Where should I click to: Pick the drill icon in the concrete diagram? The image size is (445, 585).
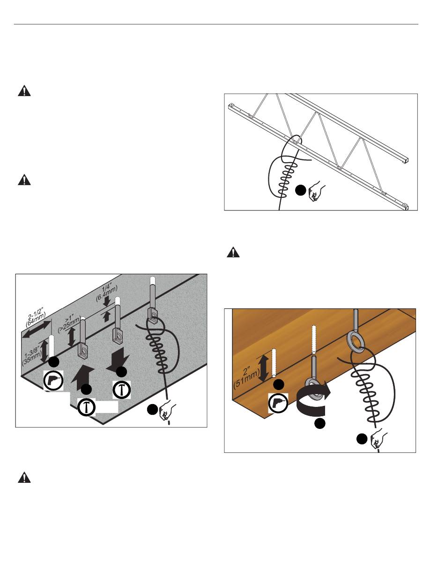(x=53, y=381)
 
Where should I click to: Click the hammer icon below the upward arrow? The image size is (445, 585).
(x=86, y=406)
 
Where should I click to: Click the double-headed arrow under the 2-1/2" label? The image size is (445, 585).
(x=36, y=330)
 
